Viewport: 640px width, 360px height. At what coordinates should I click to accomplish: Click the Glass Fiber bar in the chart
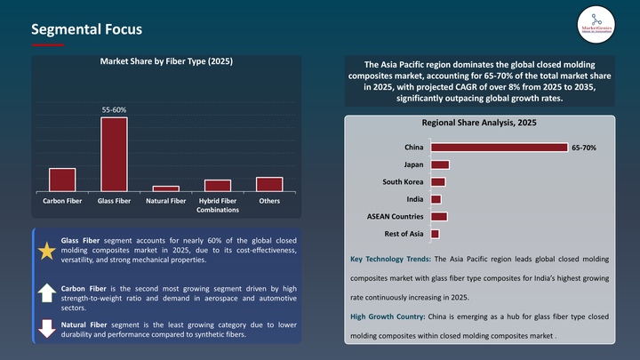[114, 154]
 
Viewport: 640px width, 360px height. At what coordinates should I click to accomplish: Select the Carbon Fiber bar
[62, 180]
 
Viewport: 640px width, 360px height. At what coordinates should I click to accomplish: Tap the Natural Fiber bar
[165, 188]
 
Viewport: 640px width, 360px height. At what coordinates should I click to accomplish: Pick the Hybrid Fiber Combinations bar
[217, 185]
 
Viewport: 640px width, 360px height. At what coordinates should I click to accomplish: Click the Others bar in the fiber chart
[269, 184]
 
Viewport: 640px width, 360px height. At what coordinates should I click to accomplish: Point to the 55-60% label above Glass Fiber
[114, 110]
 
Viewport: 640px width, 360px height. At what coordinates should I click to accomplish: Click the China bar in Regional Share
[499, 147]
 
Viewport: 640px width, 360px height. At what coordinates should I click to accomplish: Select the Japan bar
[440, 164]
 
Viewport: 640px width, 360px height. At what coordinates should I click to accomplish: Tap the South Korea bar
[437, 181]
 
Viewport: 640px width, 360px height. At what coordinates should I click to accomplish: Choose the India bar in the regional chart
[436, 199]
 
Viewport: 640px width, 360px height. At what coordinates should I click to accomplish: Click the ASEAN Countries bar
[438, 216]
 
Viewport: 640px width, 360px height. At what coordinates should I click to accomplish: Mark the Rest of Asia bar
[435, 234]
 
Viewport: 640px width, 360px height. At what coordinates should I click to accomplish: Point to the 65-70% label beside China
[583, 147]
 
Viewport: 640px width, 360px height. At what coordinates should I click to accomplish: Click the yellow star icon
[46, 251]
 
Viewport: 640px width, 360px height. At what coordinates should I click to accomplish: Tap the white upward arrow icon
[46, 292]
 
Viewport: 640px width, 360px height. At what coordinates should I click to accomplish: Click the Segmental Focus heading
[86, 29]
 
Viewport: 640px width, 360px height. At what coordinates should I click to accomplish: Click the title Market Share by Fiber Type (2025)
[166, 62]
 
